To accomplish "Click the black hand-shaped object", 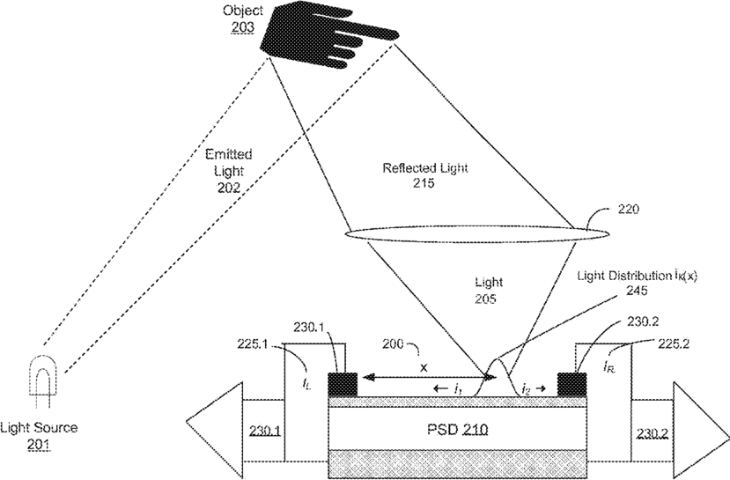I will tap(313, 36).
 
